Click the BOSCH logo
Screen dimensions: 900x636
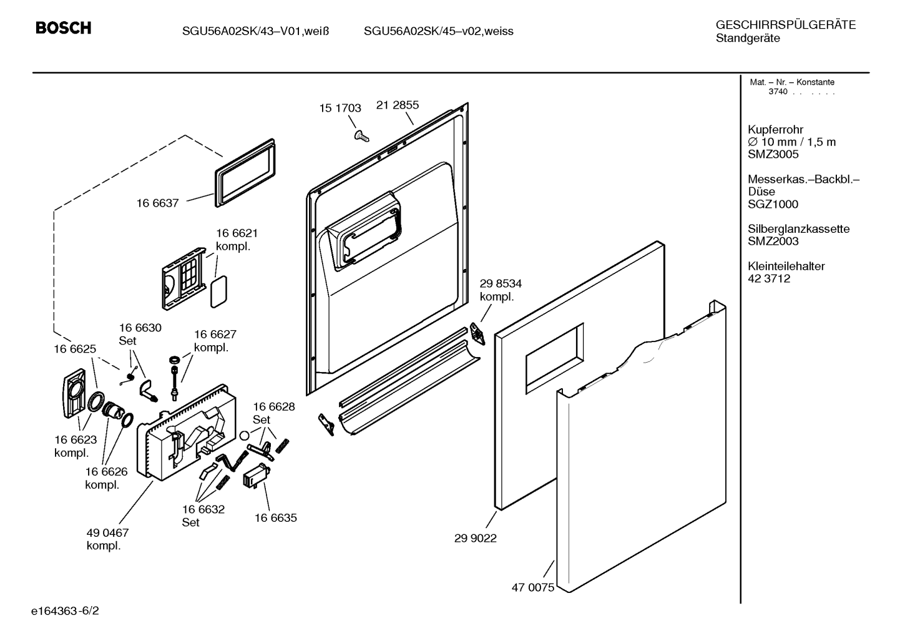[x=64, y=27]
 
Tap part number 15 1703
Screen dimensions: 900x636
[x=340, y=108]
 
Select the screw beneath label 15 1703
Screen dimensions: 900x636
[x=361, y=136]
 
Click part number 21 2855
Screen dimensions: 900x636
[x=398, y=105]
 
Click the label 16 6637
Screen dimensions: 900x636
[x=157, y=203]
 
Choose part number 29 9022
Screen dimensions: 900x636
[x=476, y=538]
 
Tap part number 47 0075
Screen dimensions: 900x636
[x=533, y=587]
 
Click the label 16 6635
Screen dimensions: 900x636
[x=276, y=517]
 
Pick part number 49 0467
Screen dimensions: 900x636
[x=108, y=533]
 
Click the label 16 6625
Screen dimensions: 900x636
[x=75, y=349]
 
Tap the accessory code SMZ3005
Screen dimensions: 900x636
[x=773, y=154]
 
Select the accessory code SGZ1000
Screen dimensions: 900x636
[x=773, y=204]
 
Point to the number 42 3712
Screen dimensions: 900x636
[x=769, y=278]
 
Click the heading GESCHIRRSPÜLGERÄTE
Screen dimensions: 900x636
[x=786, y=25]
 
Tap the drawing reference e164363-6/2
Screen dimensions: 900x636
[x=65, y=611]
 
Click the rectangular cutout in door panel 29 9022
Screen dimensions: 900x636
[x=554, y=358]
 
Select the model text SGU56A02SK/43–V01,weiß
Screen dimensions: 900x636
[x=255, y=31]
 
